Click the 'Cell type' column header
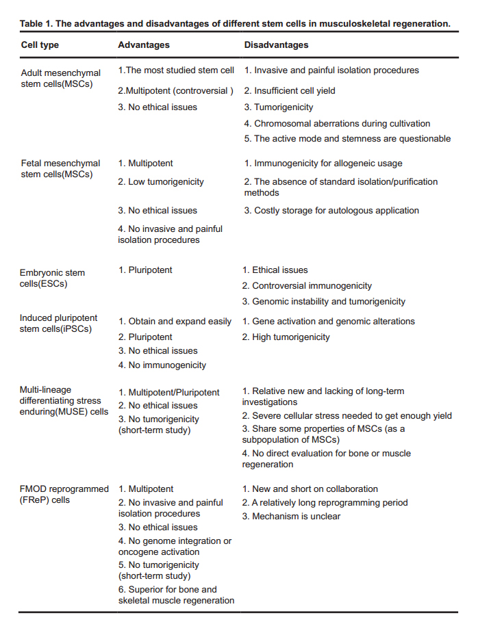(40, 45)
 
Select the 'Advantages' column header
(144, 45)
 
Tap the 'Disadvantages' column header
(276, 45)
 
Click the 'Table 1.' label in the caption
(36, 23)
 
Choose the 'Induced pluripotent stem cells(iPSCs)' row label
(59, 324)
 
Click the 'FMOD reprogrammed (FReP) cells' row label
(64, 495)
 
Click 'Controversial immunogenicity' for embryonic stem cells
(307, 286)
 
